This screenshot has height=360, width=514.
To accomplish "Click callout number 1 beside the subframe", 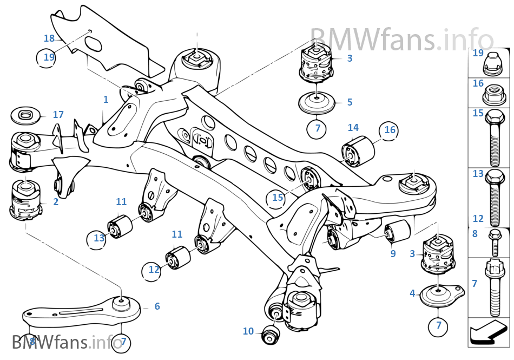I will click(106, 100).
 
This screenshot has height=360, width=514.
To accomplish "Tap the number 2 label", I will click(56, 202).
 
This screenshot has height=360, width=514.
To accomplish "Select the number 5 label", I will click(350, 102).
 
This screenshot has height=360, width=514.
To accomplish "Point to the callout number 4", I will click(412, 293).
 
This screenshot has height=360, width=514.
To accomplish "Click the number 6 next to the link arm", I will click(157, 306).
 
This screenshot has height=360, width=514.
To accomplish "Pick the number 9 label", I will click(393, 253).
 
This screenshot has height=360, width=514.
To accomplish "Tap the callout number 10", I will click(248, 331).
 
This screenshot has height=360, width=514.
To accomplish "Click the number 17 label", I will click(58, 115).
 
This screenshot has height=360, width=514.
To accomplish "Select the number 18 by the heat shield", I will click(49, 38).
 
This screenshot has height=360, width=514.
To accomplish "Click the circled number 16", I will click(390, 129).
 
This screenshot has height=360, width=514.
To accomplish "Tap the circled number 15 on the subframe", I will click(278, 198).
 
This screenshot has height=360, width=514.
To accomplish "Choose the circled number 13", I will click(98, 238).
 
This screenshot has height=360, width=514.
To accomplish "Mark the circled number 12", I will click(154, 269).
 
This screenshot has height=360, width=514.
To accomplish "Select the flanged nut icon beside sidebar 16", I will click(492, 97).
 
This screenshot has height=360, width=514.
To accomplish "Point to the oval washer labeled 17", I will click(26, 115).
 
